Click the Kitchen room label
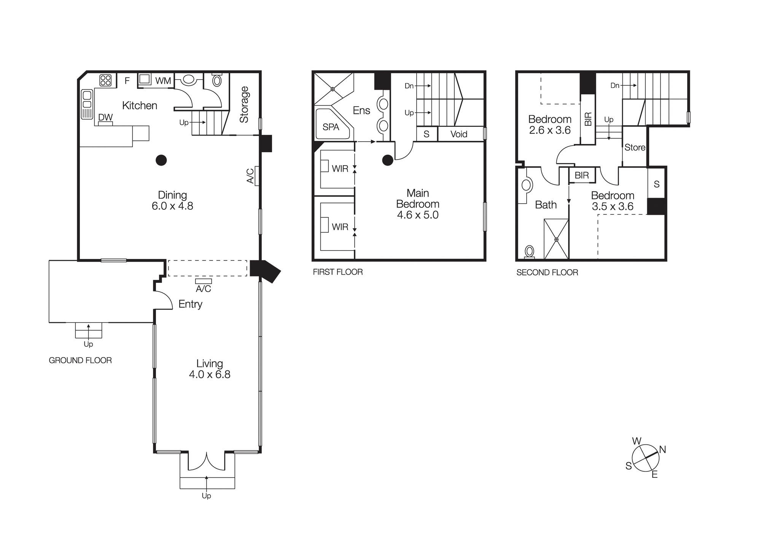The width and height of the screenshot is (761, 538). [139, 105]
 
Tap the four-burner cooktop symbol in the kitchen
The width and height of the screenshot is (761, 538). [105, 80]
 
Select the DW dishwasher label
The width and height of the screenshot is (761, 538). [105, 117]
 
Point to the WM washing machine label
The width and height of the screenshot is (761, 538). [163, 81]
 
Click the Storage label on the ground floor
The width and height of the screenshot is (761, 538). [244, 104]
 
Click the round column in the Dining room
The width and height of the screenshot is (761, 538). [161, 160]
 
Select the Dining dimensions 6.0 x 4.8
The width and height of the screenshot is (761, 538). [172, 206]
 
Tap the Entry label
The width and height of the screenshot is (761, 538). [190, 304]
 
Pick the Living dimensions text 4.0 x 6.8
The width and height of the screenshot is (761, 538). [210, 374]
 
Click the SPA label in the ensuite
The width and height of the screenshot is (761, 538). [331, 127]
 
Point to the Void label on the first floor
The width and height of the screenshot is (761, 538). [459, 134]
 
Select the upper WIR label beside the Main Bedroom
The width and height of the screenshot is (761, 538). [340, 169]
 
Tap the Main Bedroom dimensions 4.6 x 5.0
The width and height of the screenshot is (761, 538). [417, 215]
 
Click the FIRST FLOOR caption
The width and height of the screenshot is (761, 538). [338, 272]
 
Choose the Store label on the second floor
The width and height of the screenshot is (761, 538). [635, 147]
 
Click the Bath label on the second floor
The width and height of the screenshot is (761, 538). [546, 205]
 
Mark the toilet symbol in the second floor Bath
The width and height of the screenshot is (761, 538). [529, 252]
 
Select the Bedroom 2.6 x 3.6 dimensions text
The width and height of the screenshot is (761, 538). [550, 130]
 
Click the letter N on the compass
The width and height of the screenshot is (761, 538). [662, 450]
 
